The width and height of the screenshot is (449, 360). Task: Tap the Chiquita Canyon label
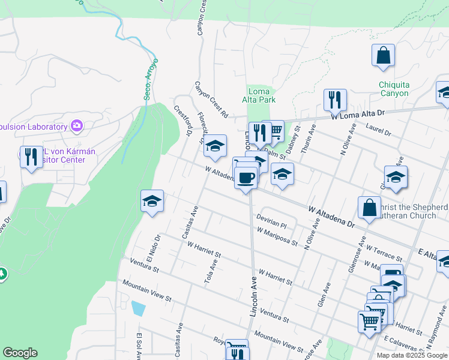[x=394, y=89]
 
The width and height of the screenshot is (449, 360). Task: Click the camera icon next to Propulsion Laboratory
[x=77, y=126]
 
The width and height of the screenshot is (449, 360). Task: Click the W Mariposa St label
[x=277, y=236]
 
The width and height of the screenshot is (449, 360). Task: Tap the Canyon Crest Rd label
[x=211, y=100]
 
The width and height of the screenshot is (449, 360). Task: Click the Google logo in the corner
[x=20, y=353]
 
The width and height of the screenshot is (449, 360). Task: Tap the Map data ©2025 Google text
[x=412, y=355]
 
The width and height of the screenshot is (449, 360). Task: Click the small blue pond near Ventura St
[x=138, y=308]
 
